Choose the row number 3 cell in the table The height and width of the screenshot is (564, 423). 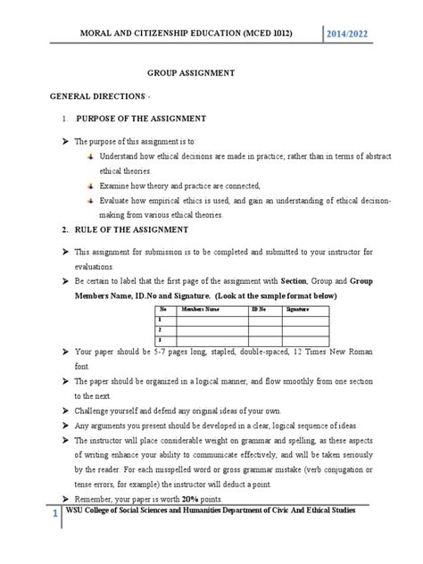click(160, 339)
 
